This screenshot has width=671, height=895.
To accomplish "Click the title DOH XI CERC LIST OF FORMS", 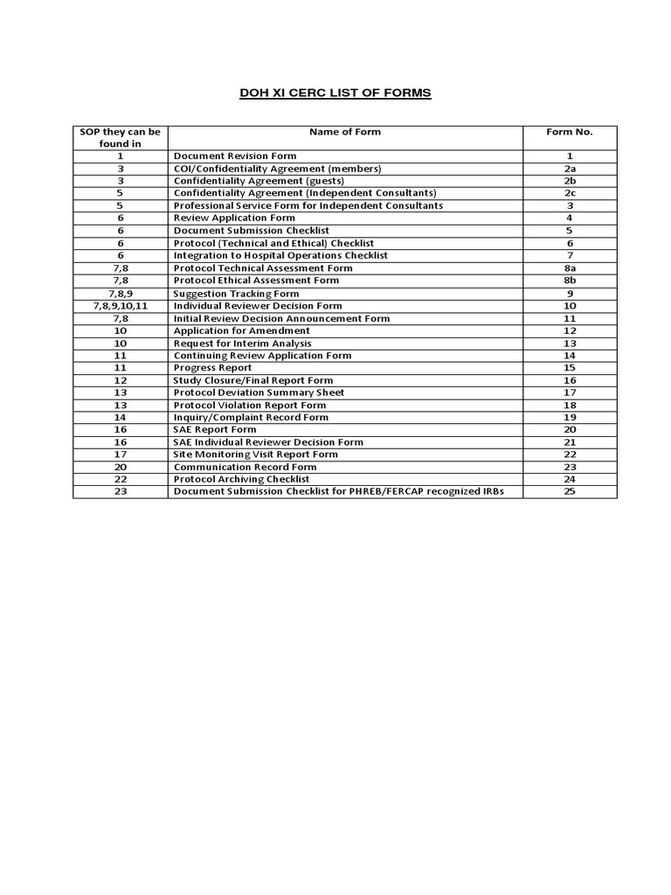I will pos(335,93).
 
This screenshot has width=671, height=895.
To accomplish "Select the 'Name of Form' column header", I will pos(344,132).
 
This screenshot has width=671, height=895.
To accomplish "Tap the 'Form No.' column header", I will pos(569,132).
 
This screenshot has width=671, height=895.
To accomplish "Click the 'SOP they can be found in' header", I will pos(121,138).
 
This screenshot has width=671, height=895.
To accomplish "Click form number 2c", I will pos(569,193).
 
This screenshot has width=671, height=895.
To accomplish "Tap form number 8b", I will pos(569,281).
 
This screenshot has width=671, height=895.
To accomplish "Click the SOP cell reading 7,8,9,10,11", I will pos(121,306).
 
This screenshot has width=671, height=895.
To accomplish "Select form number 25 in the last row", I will pos(569,492).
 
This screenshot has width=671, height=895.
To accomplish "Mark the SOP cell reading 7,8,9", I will pos(121,294).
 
